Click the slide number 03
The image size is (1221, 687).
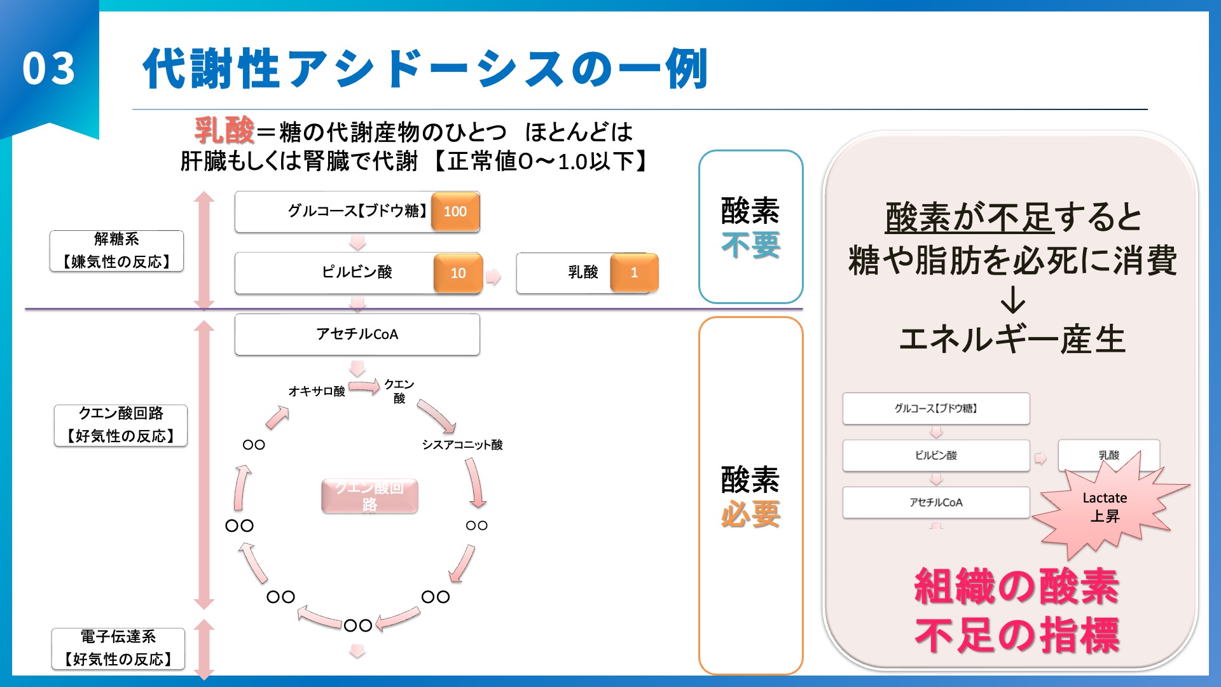click(48, 69)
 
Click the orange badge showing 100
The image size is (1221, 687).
click(455, 211)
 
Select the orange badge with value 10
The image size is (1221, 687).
click(458, 273)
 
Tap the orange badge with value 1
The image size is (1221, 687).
click(634, 273)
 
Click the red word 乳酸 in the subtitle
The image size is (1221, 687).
click(224, 131)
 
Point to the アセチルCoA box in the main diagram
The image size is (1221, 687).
click(357, 334)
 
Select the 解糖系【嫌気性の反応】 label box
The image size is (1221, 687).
click(116, 251)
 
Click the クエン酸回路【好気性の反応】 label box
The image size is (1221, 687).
click(120, 425)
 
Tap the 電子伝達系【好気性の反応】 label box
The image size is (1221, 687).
click(118, 648)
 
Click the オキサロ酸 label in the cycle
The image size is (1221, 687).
click(316, 391)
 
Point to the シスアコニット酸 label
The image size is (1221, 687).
click(462, 445)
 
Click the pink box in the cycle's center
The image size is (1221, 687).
click(369, 496)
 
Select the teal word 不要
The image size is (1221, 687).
click(750, 245)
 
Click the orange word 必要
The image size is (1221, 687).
click(750, 514)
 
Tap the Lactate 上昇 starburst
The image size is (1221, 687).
click(1105, 507)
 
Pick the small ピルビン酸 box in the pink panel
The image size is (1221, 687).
click(935, 455)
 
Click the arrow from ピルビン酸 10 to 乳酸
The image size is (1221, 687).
click(493, 276)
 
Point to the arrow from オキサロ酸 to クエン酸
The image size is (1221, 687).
click(364, 385)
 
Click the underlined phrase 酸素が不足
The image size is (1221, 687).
click(969, 218)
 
